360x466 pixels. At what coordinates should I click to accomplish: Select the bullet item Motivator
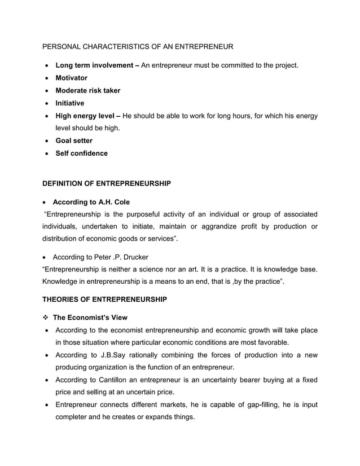(71, 78)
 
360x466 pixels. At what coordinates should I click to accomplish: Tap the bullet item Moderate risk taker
(87, 90)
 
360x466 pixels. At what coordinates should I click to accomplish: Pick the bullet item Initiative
(69, 103)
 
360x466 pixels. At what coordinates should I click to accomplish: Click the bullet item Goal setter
(74, 140)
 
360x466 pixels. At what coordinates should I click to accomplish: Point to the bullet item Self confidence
(81, 153)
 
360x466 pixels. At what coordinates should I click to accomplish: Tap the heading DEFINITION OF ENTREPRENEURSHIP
(107, 184)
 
